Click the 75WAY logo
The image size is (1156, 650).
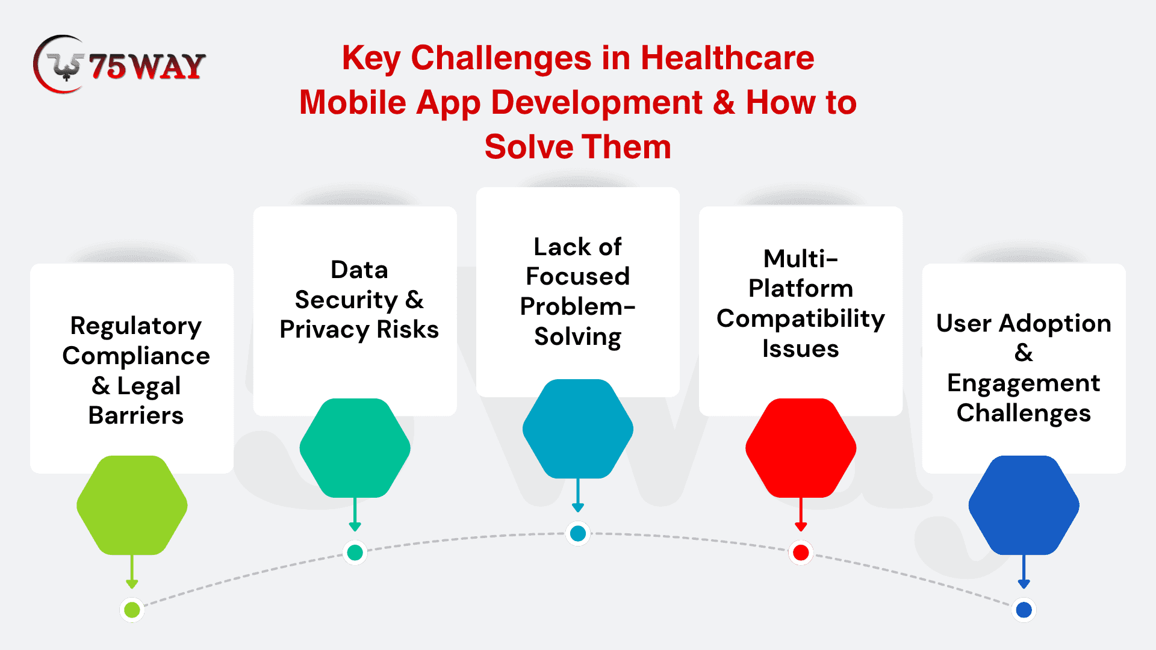(x=119, y=64)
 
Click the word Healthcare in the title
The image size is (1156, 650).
(x=727, y=58)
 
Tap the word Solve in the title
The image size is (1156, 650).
(x=528, y=147)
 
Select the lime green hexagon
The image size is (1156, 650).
(x=132, y=505)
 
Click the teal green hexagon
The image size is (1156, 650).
(x=355, y=448)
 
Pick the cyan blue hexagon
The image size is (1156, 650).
(x=578, y=429)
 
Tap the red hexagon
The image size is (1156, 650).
(x=801, y=448)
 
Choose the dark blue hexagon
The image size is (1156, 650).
(x=1024, y=505)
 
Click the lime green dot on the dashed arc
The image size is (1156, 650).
(x=132, y=610)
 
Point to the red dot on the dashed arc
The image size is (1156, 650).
(x=801, y=552)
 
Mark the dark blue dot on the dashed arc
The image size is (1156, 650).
(x=1024, y=610)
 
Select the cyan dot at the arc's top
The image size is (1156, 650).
(x=578, y=533)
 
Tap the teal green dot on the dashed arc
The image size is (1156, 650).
(x=355, y=552)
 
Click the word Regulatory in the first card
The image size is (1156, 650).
(x=136, y=326)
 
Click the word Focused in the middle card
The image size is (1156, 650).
(x=578, y=276)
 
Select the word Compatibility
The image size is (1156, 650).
(x=801, y=319)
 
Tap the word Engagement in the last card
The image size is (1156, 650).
(x=1024, y=384)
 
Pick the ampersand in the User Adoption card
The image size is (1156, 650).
(x=1024, y=353)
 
